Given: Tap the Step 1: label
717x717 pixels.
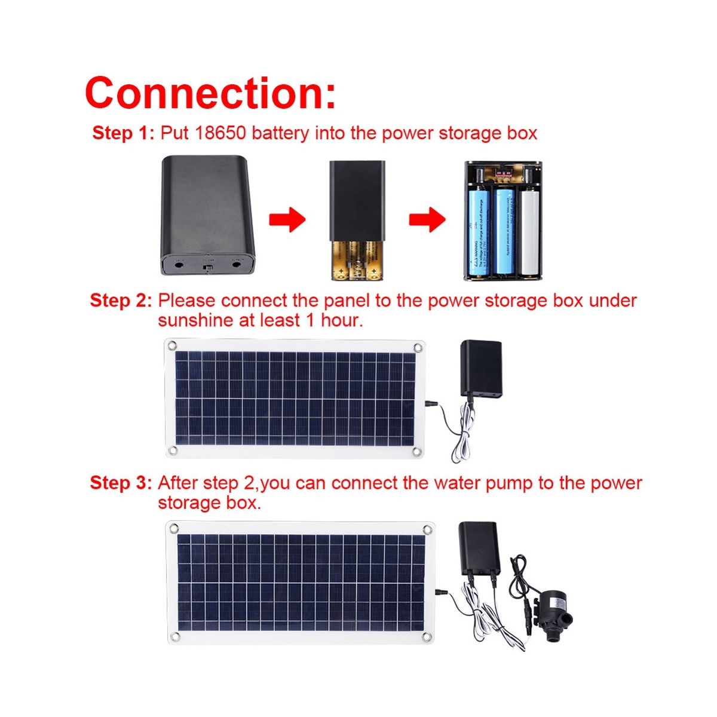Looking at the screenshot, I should (x=123, y=133).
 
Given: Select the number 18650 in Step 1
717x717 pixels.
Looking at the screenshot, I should (x=220, y=133).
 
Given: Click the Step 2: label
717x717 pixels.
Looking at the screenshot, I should (x=121, y=300).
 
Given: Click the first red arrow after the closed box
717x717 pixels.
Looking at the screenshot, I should (x=287, y=220).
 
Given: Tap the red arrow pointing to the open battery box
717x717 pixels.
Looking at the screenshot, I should (x=427, y=220).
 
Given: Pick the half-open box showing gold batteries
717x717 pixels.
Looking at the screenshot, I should (x=357, y=220).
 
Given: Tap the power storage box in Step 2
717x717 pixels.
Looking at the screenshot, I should (x=480, y=369).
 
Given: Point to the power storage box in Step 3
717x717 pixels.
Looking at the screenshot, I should (x=478, y=548).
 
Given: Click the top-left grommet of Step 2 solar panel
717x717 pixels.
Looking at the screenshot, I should (x=172, y=345).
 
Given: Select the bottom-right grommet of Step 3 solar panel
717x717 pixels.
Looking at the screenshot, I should (x=428, y=636).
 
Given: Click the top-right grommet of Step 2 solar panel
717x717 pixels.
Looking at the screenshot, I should (x=417, y=347).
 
